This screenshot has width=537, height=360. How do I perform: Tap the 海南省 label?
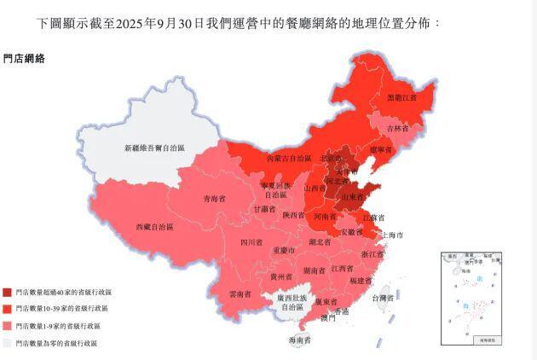[x=300, y=340]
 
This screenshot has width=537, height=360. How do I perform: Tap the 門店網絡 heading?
[x=25, y=59]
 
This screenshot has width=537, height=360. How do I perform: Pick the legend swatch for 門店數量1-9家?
[x=7, y=326]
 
